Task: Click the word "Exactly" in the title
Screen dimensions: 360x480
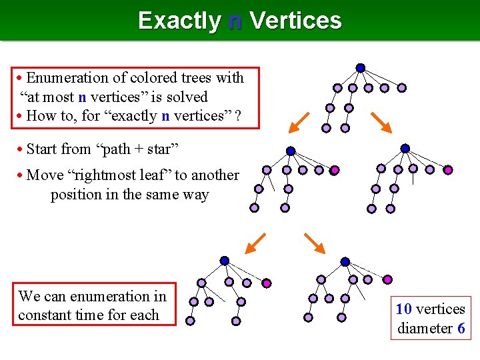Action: coord(178,21)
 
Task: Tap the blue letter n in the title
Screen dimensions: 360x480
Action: coord(235,21)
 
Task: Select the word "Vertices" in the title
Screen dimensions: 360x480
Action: coord(295,21)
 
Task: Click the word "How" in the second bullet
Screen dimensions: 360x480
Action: coord(43,116)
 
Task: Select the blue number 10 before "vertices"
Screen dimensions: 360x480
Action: coord(403,309)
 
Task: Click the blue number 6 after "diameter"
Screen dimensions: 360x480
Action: coord(461,328)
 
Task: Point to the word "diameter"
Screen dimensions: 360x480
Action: coord(425,328)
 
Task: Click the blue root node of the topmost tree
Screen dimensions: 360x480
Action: coord(360,68)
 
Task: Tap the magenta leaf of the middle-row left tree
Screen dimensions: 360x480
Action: coord(335,170)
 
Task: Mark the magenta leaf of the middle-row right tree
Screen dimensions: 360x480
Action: coord(448,170)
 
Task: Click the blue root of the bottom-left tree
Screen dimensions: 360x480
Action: coord(225,261)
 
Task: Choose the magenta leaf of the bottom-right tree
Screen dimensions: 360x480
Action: coord(387,279)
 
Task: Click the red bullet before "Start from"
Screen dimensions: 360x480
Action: coord(21,149)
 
